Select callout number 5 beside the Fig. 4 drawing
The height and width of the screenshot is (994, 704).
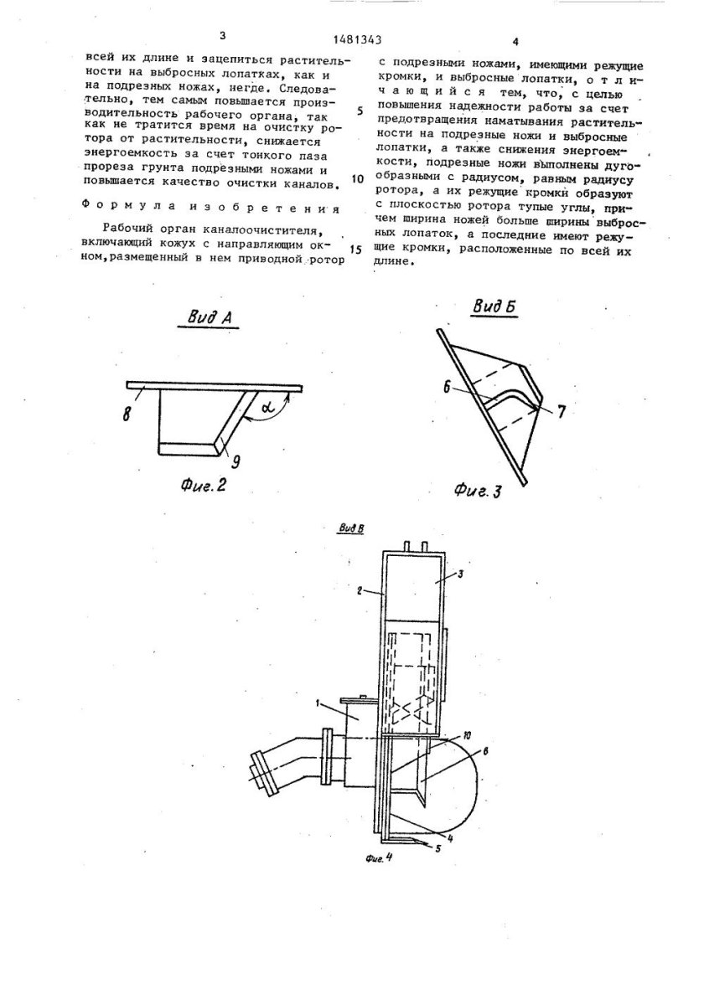(x=437, y=847)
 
